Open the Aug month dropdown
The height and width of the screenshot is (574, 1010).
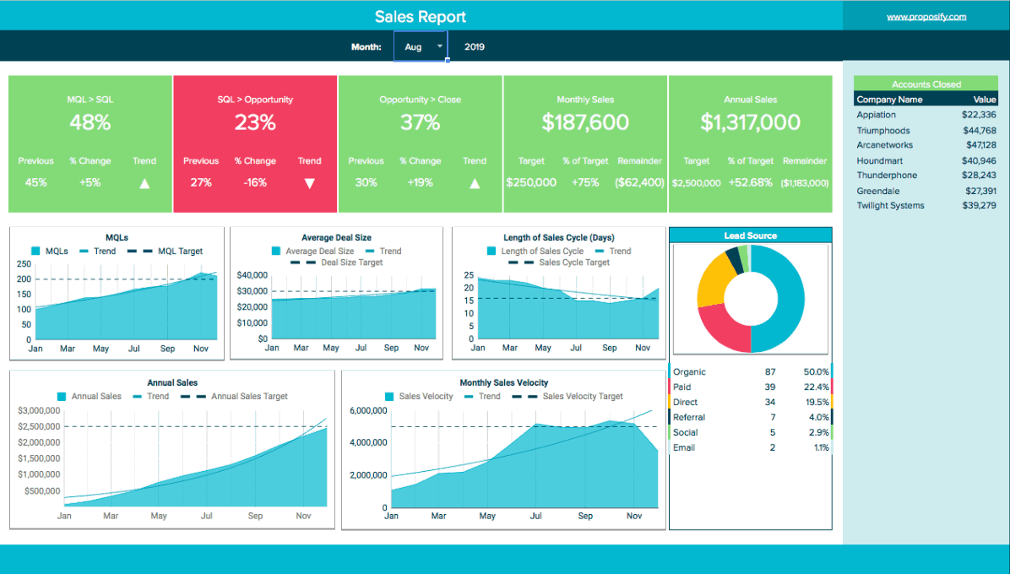click(x=421, y=46)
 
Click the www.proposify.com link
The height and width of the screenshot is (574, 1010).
click(x=926, y=17)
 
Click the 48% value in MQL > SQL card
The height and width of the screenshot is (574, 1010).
click(x=90, y=122)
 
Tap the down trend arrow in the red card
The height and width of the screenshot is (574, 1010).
click(x=309, y=183)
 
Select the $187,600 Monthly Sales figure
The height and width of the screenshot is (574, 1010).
click(x=585, y=122)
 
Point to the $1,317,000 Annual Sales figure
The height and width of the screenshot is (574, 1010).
click(x=751, y=122)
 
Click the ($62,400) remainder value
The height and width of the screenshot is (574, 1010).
click(x=639, y=183)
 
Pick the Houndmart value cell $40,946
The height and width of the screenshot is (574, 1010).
click(x=979, y=161)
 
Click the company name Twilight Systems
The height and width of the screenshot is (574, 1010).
click(x=890, y=205)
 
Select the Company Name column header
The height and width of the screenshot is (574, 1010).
click(x=889, y=99)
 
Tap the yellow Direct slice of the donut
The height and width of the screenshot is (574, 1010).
click(x=713, y=280)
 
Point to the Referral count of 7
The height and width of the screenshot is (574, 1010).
click(x=773, y=417)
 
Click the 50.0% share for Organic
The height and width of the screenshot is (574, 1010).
click(x=816, y=372)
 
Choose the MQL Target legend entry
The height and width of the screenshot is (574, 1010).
click(x=165, y=251)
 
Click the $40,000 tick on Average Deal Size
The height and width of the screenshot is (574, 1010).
click(x=252, y=275)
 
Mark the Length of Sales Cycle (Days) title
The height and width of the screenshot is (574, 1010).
click(x=559, y=237)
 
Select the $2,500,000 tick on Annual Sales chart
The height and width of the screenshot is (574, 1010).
click(x=40, y=426)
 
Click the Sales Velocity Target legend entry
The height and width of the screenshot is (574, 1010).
click(x=567, y=397)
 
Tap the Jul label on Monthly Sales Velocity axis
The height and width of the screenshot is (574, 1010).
click(x=536, y=516)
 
